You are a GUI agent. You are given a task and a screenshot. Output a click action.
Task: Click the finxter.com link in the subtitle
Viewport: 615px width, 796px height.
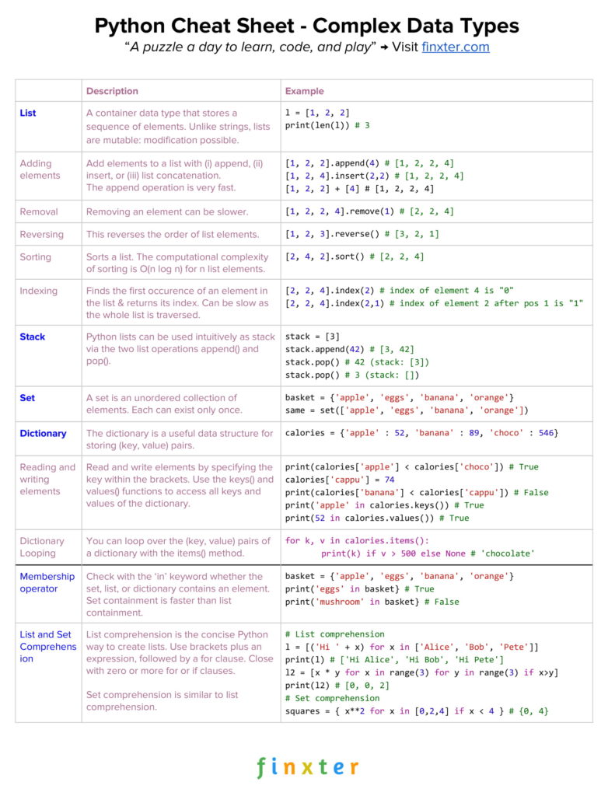tap(455, 47)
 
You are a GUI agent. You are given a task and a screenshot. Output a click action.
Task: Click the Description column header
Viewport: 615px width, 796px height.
tap(112, 91)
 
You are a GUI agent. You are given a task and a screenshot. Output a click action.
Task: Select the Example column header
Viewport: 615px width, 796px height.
tap(305, 91)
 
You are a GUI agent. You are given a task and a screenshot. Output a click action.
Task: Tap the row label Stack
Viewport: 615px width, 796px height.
tap(33, 337)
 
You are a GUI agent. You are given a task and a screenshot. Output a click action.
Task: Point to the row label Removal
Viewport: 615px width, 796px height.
tap(39, 211)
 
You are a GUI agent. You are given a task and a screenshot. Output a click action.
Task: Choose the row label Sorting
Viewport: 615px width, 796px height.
tap(36, 257)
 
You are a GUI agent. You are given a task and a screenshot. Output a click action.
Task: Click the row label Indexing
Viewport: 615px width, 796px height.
tap(39, 291)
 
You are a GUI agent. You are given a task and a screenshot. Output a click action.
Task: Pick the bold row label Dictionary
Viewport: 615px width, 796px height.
tap(43, 433)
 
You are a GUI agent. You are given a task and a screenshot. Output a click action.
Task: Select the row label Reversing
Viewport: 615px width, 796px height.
tap(42, 234)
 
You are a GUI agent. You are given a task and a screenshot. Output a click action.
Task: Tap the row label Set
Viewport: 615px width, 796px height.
tap(27, 397)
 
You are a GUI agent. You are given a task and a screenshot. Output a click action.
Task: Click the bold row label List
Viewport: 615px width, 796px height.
tap(28, 113)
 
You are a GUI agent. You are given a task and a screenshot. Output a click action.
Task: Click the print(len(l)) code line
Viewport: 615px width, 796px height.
tap(327, 125)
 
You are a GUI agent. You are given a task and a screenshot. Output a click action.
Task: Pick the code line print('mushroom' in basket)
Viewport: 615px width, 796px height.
tap(372, 602)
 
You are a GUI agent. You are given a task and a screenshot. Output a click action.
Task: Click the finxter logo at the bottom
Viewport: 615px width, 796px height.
tap(308, 767)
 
